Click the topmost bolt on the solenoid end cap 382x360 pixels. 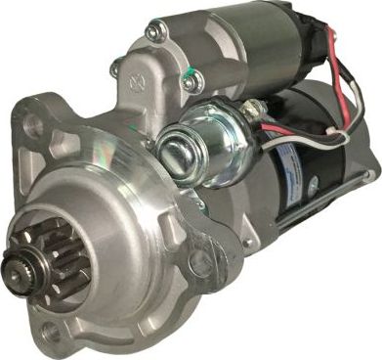pyautogui.click(x=154, y=32)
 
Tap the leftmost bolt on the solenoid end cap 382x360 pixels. pyautogui.click(x=114, y=68)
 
